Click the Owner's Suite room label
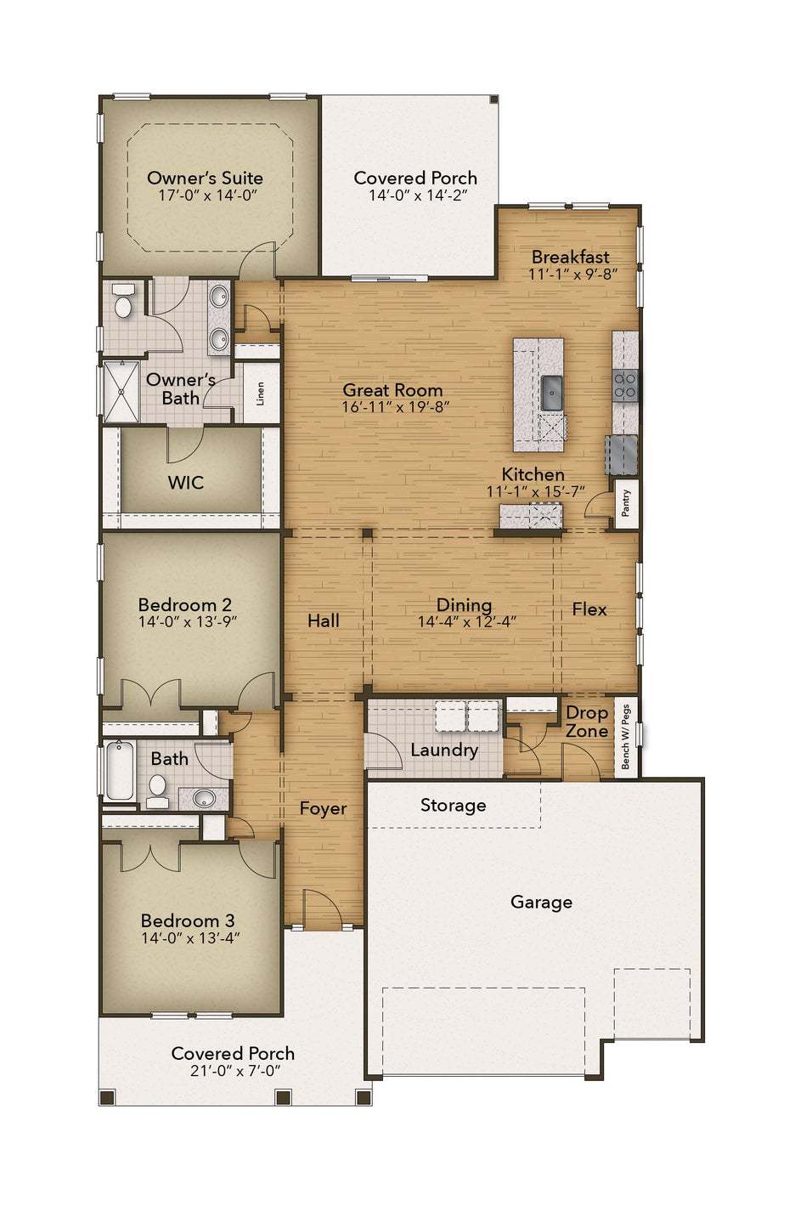205,178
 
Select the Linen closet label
260,394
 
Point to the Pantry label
625,503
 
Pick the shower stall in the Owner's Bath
121,392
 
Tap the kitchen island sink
551,392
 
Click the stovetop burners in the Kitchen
625,384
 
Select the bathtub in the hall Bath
120,770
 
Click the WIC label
185,482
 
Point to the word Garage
541,902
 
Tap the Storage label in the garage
453,806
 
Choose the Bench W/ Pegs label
625,737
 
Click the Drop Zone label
587,722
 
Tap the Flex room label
589,609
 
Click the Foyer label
323,808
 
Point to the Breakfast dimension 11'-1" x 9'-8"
572,274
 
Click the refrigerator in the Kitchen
621,455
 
